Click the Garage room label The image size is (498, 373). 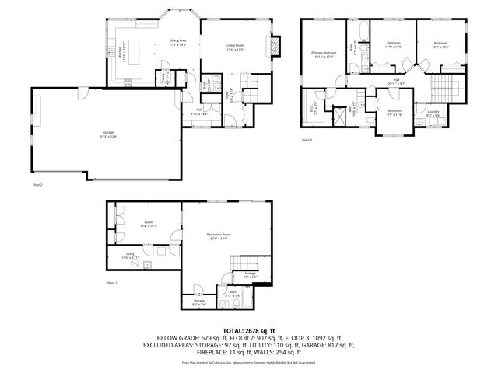tap(109, 134)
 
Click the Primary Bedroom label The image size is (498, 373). tap(322, 55)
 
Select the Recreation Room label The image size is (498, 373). tap(219, 236)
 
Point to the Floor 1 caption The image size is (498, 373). tap(111, 283)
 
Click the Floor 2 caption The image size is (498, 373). tap(37, 185)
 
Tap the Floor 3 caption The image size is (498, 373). tap(307, 140)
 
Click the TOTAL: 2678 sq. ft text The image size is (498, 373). tap(249, 331)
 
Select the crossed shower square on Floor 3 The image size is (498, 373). tap(340, 118)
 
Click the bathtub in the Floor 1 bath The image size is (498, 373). tap(227, 300)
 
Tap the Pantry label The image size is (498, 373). tap(165, 78)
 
